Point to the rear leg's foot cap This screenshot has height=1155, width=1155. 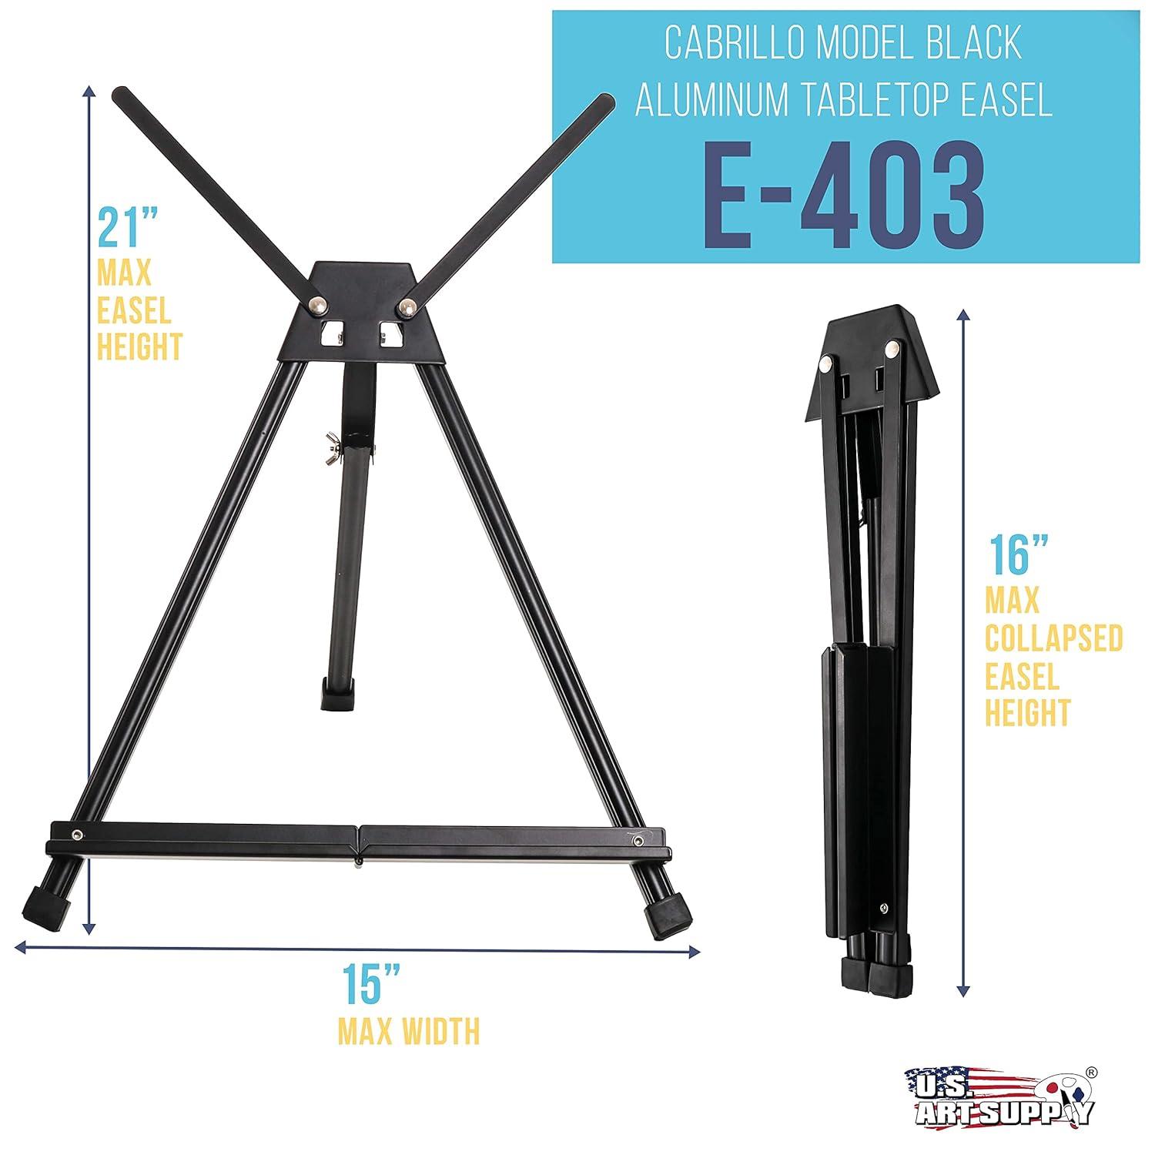pos(338,690)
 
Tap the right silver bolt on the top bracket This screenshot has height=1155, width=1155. pos(406,308)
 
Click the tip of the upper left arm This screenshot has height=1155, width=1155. pos(123,98)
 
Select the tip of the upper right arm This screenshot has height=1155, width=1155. pos(604,105)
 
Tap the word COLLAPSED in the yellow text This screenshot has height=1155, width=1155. pos(1053,638)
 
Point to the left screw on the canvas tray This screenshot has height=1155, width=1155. pos(78,834)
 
